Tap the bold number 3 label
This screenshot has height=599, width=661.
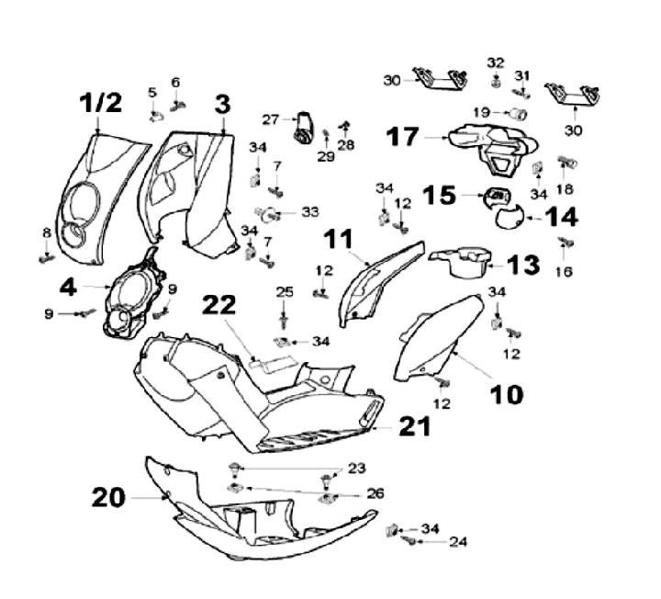221,104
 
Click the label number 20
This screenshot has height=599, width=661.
108,497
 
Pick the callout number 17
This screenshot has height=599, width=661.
402,138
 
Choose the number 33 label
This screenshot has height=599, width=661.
310,212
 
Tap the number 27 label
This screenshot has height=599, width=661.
270,119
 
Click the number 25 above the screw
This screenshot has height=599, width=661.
285,292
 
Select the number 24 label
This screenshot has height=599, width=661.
457,542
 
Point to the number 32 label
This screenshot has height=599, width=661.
496,62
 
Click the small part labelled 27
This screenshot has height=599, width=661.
303,126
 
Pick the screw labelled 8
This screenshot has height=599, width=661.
47,259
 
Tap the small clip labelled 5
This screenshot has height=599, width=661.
155,115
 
